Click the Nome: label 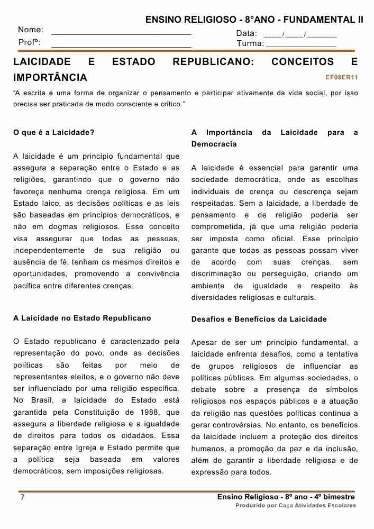(x=31, y=31)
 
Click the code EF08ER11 (x=342, y=78)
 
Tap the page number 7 (x=22, y=498)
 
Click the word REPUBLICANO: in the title (x=213, y=62)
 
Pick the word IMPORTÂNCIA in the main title (x=50, y=78)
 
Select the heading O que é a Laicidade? (x=54, y=132)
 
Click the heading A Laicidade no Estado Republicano (x=82, y=318)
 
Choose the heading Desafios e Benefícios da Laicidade (x=259, y=319)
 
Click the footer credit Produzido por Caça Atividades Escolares (x=296, y=506)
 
